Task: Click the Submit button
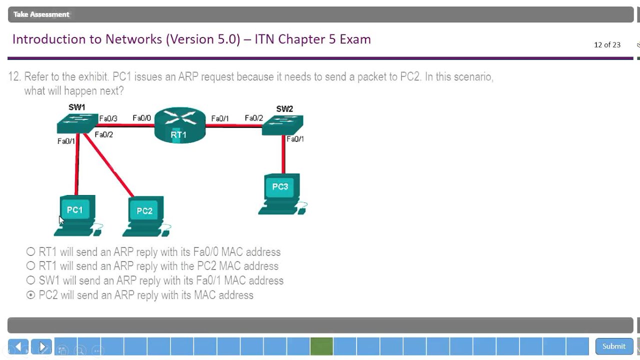point(613,346)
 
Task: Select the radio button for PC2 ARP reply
point(31,295)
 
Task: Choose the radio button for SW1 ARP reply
point(31,280)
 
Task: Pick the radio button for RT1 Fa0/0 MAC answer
point(31,252)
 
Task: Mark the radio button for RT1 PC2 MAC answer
point(31,266)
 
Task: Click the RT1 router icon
point(179,126)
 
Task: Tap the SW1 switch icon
point(77,123)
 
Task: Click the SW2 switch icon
point(282,124)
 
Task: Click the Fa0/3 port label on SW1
point(108,119)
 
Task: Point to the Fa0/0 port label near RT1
point(141,118)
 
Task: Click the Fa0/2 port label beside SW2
point(254,118)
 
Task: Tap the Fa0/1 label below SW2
point(295,139)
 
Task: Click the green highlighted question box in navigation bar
point(321,346)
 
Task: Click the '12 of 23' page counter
point(607,45)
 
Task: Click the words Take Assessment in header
point(41,14)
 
